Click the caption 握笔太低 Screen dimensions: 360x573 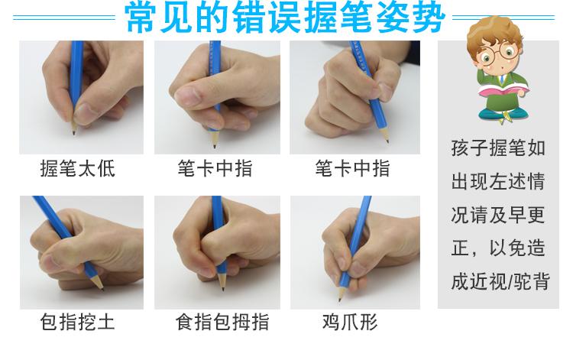pos(77,169)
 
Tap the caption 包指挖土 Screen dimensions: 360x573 pos(77,322)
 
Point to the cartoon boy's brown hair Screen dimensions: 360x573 pos(493,31)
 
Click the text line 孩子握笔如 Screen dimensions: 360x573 pos(499,148)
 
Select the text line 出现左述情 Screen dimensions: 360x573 pos(499,182)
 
